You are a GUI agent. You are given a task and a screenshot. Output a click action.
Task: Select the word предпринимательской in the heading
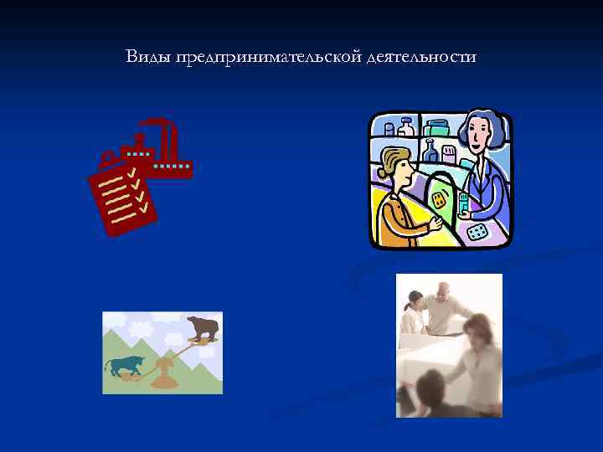(x=269, y=58)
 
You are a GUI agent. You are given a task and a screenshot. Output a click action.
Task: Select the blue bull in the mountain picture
(x=124, y=366)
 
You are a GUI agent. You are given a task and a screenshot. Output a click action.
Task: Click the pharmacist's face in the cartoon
(x=475, y=135)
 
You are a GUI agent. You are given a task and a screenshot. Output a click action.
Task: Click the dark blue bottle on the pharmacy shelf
(x=431, y=152)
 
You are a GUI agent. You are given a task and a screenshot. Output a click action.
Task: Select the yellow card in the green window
(x=440, y=201)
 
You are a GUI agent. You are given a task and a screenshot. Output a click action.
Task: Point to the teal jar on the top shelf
(x=437, y=127)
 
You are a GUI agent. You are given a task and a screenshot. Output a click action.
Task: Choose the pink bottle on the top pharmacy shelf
(x=405, y=127)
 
